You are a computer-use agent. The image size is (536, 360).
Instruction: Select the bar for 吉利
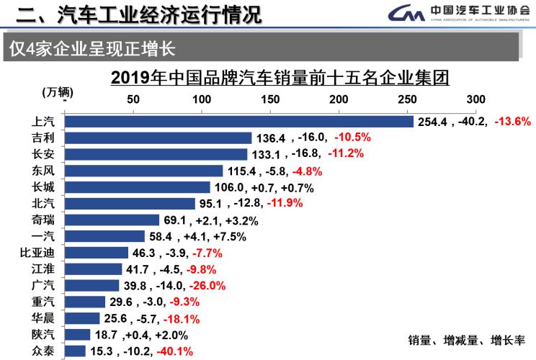pyautogui.click(x=158, y=138)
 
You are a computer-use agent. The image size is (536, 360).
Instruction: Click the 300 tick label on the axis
pyautogui.click(x=476, y=99)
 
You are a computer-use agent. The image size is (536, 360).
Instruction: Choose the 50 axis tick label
pyautogui.click(x=133, y=99)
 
